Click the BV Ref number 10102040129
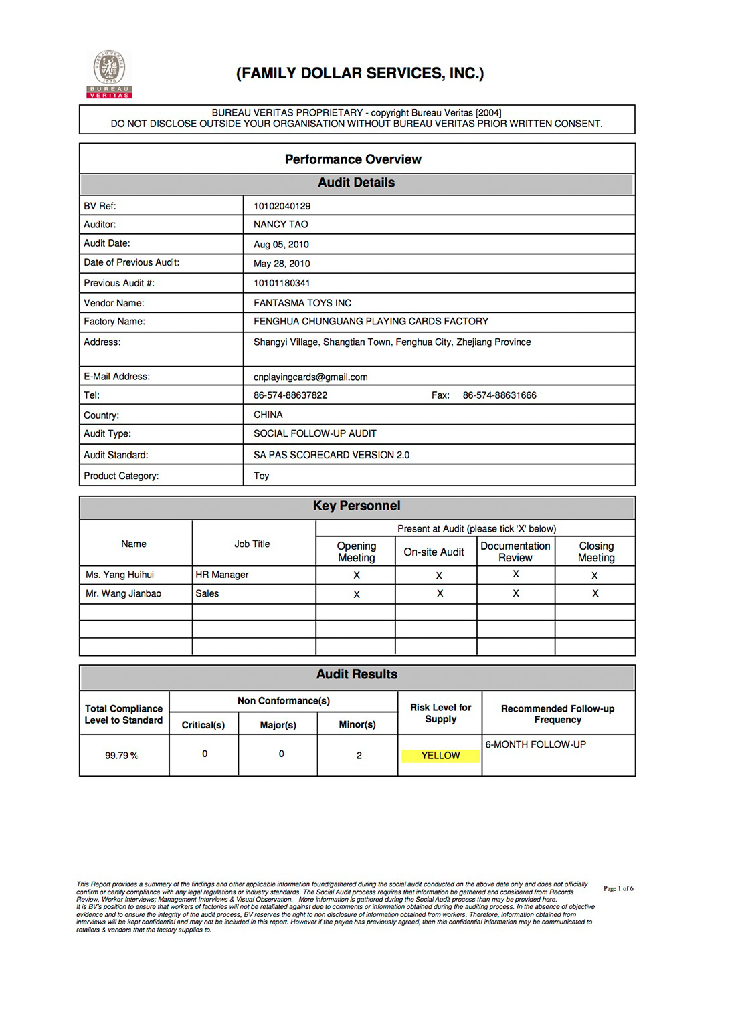(282, 206)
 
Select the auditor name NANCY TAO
(280, 224)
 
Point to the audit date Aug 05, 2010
(281, 244)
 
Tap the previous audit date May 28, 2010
(282, 263)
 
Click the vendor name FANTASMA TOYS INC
(302, 303)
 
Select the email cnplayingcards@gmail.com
(310, 377)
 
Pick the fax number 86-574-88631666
(499, 395)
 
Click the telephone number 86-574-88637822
(290, 395)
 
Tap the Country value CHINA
(268, 415)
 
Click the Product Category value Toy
(261, 476)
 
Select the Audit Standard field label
(116, 455)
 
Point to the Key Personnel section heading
(357, 506)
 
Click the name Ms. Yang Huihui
(120, 575)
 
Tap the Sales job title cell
(207, 593)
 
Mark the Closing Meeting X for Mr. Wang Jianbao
(595, 593)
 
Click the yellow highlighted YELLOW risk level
(440, 755)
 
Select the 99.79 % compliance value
(121, 756)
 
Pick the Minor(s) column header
(357, 724)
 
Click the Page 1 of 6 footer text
(618, 888)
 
